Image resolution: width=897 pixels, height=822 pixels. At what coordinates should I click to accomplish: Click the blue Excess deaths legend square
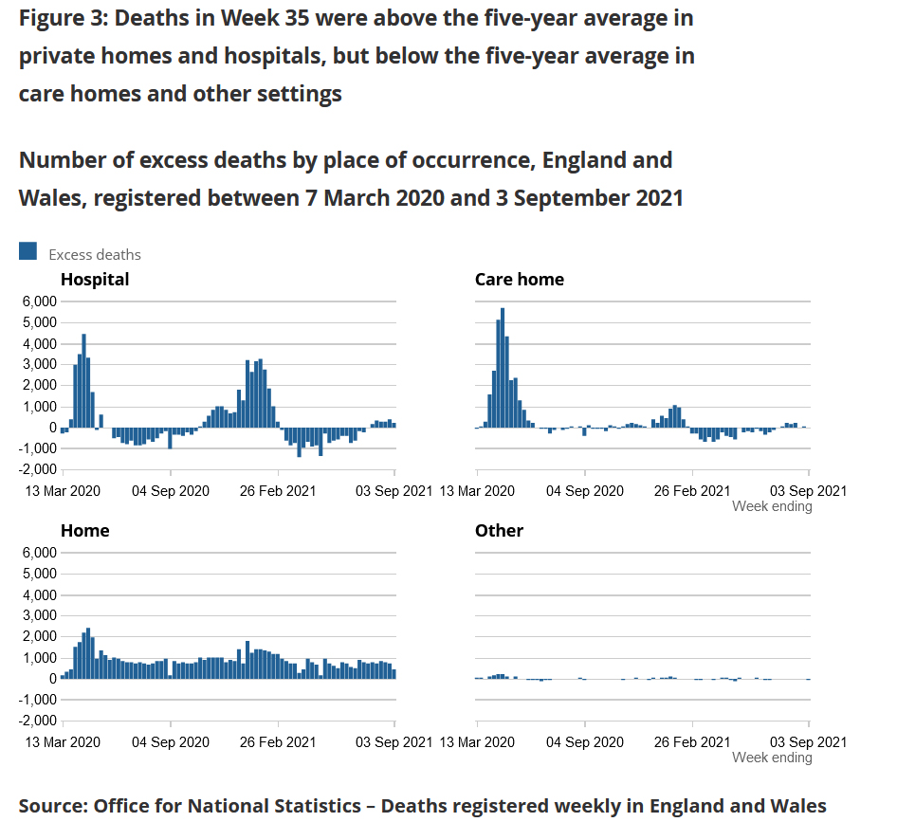(28, 251)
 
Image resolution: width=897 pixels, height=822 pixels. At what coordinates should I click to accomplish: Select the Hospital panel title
(95, 280)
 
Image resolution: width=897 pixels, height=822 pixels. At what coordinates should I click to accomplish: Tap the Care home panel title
(519, 280)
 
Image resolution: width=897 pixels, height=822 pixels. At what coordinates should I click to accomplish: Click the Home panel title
(84, 531)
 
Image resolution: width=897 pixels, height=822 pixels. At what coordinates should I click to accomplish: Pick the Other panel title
(499, 531)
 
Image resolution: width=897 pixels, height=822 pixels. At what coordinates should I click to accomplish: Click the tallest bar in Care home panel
(503, 368)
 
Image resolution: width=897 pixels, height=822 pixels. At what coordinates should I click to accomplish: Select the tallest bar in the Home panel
(88, 653)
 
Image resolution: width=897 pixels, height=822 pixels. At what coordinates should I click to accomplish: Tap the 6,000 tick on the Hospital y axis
(39, 301)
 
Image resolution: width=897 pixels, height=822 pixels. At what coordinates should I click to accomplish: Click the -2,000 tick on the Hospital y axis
(37, 470)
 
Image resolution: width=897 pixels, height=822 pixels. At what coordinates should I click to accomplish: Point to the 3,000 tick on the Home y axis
(39, 615)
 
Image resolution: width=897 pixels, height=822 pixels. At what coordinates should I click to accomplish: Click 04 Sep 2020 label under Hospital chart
(169, 490)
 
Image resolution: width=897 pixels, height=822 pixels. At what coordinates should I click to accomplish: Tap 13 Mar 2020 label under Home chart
(61, 741)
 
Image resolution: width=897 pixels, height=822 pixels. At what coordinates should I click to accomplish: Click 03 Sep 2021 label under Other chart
(807, 741)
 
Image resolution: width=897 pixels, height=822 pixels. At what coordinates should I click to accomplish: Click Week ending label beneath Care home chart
(772, 506)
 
